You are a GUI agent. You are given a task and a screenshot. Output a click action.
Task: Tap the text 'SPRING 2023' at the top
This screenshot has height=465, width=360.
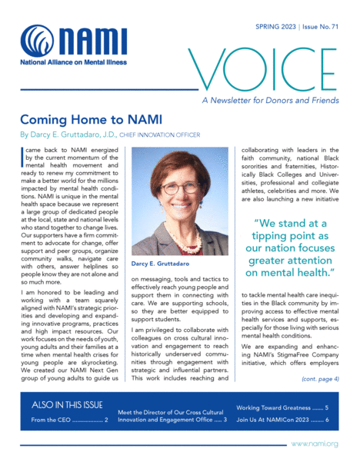(277, 25)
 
